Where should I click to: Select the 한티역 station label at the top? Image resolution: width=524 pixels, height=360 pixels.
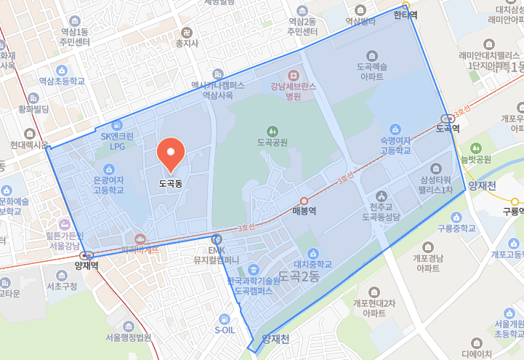tap(406, 14)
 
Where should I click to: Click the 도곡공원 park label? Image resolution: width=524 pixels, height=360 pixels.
tap(273, 142)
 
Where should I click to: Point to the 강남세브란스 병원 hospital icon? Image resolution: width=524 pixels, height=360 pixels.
tap(294, 75)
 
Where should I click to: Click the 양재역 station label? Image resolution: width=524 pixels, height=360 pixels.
tap(86, 265)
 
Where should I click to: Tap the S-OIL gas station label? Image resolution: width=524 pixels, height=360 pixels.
tap(225, 329)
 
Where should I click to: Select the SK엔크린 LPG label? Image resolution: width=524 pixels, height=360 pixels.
tap(117, 141)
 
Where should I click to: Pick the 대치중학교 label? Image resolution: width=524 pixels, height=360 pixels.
tap(313, 265)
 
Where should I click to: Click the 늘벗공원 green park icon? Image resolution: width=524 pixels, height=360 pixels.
tap(477, 148)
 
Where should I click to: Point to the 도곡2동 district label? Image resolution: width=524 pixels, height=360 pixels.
tap(299, 277)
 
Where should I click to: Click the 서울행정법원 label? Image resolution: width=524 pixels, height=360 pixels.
tap(128, 337)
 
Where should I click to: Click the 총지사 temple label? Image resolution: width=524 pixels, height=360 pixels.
tap(187, 44)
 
